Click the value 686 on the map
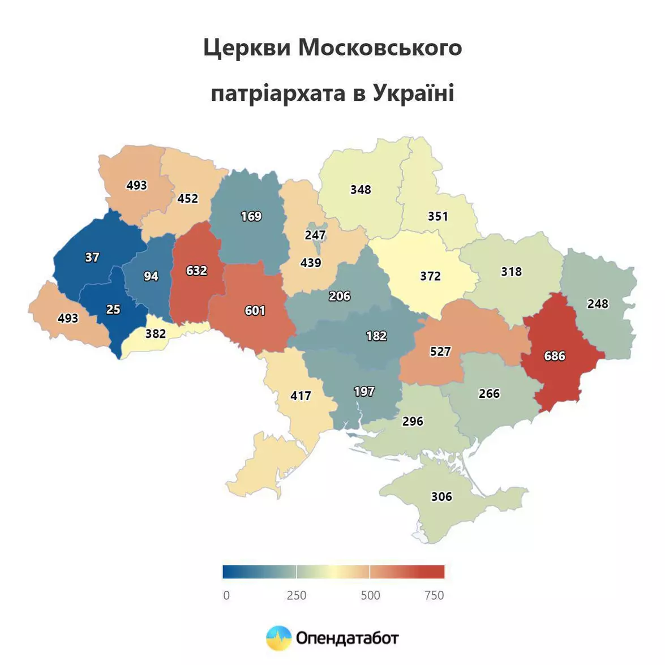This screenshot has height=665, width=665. (554, 356)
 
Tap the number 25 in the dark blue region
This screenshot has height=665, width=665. (113, 310)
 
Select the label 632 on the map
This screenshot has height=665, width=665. (196, 271)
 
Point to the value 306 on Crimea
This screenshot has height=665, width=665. (441, 497)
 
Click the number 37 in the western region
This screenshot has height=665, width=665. (92, 258)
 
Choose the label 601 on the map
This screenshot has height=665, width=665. (255, 311)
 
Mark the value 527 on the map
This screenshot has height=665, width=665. (440, 352)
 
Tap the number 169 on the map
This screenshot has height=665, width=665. (251, 216)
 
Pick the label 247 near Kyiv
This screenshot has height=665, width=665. (315, 235)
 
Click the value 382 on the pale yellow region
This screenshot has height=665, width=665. (156, 334)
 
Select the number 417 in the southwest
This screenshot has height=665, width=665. (301, 396)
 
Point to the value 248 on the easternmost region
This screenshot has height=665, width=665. (598, 304)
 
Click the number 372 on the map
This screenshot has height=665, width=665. (430, 276)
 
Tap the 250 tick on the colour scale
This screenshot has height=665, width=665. (296, 595)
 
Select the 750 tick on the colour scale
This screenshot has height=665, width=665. (434, 595)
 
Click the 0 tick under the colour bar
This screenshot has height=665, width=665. (226, 595)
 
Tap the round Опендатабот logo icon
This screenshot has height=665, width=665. (278, 638)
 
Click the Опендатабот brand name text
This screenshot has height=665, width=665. (347, 638)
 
